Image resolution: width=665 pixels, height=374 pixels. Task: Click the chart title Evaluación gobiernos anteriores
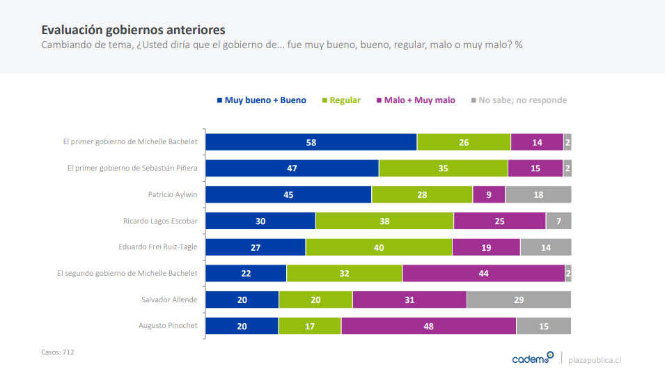point(133,30)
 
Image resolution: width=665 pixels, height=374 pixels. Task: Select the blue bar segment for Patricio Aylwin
point(289,195)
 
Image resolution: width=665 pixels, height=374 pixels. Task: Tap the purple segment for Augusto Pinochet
point(428,326)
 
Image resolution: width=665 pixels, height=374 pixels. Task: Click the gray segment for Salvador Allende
point(519,299)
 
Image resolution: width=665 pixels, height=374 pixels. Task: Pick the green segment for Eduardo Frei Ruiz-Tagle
point(379,247)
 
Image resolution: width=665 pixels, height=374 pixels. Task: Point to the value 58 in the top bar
point(311,142)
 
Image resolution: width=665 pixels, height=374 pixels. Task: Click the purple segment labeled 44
point(483,274)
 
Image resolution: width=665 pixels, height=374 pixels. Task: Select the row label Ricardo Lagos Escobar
point(160,221)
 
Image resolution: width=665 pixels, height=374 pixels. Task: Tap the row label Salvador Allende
point(169,299)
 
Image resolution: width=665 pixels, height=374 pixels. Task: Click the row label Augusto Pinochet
point(168,326)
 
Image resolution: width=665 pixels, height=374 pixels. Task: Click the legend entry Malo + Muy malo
point(420,100)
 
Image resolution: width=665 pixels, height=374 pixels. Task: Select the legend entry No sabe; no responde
point(522,100)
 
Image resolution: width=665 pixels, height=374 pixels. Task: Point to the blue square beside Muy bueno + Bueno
point(219,100)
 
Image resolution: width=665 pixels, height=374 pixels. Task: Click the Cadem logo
point(533,359)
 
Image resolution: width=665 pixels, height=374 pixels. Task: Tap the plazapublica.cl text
point(595,359)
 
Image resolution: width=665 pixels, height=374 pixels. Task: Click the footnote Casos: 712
point(58,352)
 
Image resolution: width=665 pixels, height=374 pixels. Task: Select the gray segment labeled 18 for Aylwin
point(538,195)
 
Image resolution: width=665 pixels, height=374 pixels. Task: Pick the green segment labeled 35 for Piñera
point(443,169)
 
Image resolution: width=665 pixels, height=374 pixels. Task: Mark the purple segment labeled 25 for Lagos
point(499,221)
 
